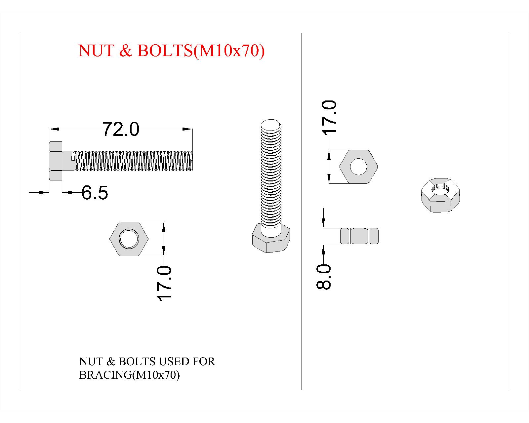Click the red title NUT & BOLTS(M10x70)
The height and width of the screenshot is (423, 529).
[x=171, y=51]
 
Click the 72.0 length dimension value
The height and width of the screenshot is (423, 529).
[x=120, y=129]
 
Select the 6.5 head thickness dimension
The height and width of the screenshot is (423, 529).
[x=95, y=192]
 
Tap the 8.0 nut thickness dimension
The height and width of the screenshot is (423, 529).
[x=323, y=277]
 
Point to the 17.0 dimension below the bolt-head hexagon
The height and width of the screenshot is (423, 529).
[x=164, y=284]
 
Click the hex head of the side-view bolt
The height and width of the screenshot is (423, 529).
[x=56, y=161]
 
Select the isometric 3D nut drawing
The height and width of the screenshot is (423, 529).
[x=440, y=195]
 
